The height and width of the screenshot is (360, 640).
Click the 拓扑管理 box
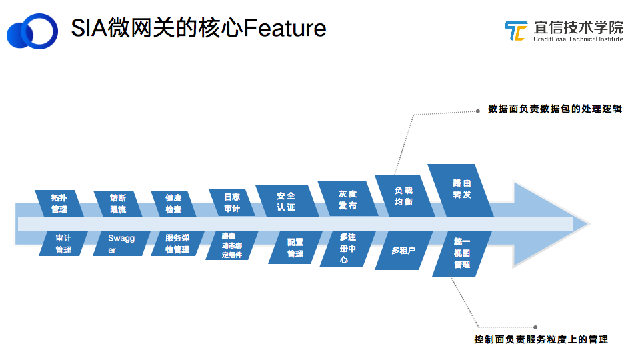[x=59, y=203]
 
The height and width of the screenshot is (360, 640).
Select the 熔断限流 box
[x=118, y=203]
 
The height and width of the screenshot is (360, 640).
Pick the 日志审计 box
[x=232, y=203]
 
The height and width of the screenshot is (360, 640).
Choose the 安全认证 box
[x=287, y=201]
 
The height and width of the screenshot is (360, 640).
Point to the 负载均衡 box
[x=404, y=196]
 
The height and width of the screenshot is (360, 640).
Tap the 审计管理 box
[x=63, y=243]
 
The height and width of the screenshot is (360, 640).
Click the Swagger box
[x=120, y=243]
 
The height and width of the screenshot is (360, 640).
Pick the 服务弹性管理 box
[x=177, y=243]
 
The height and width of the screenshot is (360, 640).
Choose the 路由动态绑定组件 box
[x=231, y=245]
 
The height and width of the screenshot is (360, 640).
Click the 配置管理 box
[x=295, y=247]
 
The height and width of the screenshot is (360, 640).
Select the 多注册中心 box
[x=347, y=249]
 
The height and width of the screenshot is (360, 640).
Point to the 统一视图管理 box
[x=461, y=253]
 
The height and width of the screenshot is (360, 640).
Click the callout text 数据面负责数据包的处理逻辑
[x=555, y=109]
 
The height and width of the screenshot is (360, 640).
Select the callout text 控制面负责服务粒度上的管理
[x=541, y=339]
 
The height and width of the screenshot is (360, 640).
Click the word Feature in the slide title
[x=285, y=28]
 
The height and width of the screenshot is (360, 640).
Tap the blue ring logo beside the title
[x=33, y=31]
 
